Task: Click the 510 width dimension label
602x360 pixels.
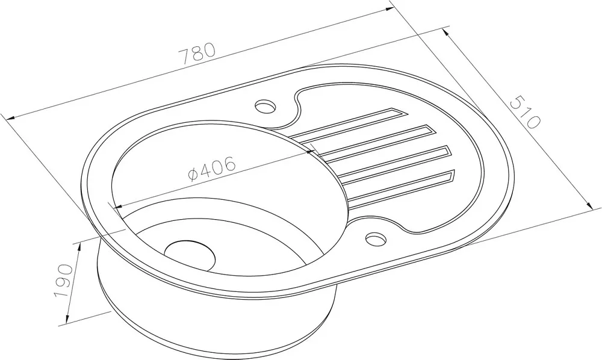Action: (x=526, y=112)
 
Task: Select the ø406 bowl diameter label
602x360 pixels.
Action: (x=211, y=169)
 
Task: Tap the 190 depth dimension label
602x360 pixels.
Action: (x=64, y=281)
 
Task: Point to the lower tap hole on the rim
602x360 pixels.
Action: (x=376, y=238)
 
